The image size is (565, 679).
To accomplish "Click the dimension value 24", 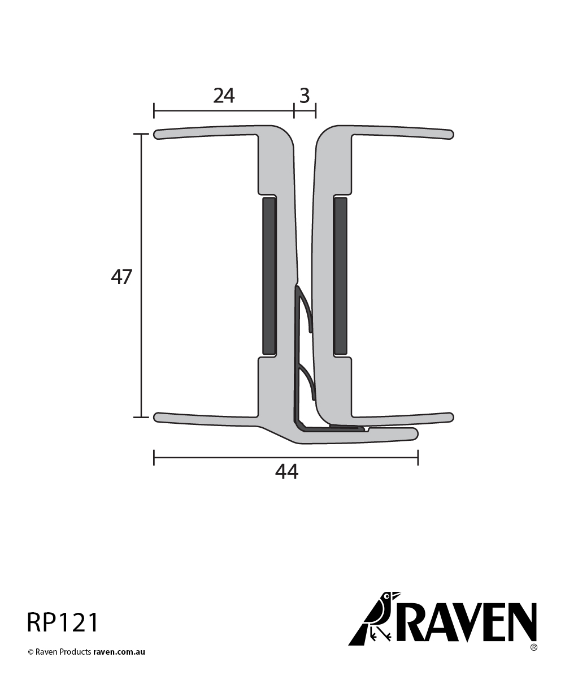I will point(224,96).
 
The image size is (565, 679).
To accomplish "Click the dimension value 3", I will point(305,96).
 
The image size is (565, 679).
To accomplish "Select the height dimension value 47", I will point(121,277).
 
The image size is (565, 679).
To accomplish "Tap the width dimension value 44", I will point(286,471).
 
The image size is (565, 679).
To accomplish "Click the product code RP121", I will point(63,622).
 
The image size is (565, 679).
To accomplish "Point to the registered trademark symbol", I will point(533,647).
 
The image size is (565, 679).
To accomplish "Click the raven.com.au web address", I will point(119,652).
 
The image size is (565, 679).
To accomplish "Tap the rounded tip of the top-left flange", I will point(158,134).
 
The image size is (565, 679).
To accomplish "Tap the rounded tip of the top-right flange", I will point(450,134).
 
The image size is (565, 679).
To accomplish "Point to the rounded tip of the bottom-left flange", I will point(158,418).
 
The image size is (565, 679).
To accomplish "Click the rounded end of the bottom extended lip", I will point(414,433).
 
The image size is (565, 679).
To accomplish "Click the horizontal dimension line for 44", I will point(226,457).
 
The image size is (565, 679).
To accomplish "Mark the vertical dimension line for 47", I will point(141,339).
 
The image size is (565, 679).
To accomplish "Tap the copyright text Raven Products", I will point(63,652).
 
